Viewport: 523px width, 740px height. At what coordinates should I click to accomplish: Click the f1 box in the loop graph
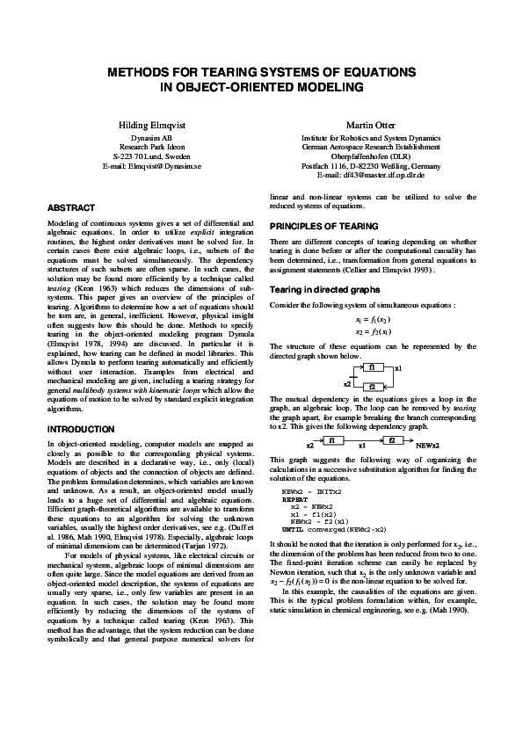coord(372,366)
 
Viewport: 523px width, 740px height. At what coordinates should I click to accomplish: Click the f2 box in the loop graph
coord(372,387)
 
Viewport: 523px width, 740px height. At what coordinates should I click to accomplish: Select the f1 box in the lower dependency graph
coord(334,439)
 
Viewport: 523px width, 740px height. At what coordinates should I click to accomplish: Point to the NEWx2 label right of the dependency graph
coord(427,446)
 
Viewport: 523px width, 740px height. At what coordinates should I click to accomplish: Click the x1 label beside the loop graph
coord(399,368)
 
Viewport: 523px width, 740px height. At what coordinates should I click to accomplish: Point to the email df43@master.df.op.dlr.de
coord(381,174)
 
